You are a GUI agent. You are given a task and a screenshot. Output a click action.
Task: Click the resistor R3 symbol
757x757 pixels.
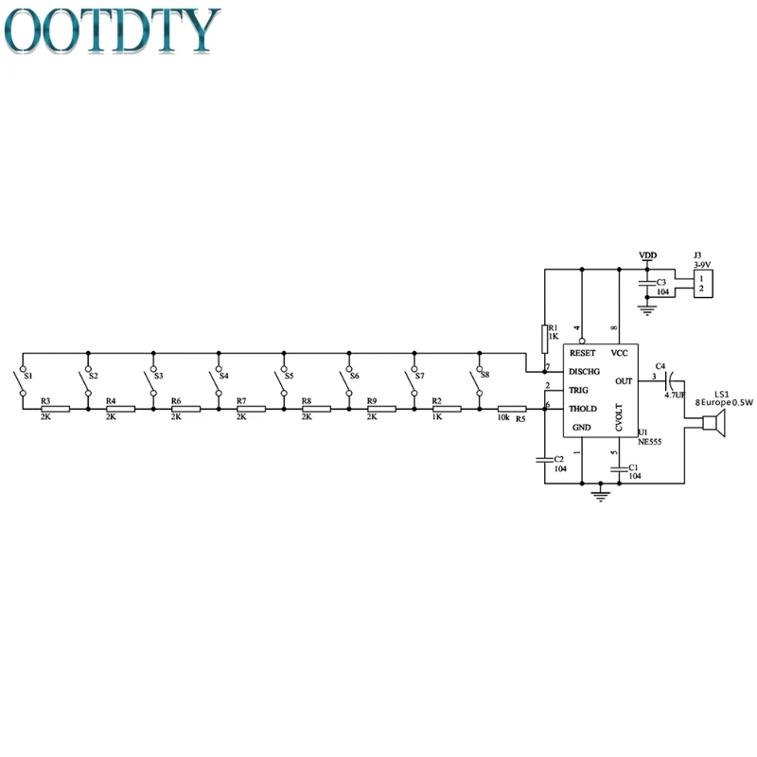pyautogui.click(x=55, y=409)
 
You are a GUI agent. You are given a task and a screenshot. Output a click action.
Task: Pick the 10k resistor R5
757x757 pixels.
pyautogui.click(x=512, y=409)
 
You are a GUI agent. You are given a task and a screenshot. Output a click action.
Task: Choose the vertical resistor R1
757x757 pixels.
pyautogui.click(x=545, y=339)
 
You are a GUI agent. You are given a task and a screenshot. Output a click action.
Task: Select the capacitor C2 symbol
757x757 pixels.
pyautogui.click(x=545, y=461)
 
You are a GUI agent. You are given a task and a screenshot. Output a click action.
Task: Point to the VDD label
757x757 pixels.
pyautogui.click(x=647, y=255)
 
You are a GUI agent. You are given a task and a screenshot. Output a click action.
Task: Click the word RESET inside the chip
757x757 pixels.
pyautogui.click(x=583, y=352)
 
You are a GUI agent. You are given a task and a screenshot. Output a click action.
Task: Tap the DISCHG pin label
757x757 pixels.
pyautogui.click(x=585, y=371)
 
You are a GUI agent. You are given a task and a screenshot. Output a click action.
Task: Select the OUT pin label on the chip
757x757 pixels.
pyautogui.click(x=624, y=380)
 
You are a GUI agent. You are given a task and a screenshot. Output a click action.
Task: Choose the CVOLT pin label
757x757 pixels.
pyautogui.click(x=618, y=416)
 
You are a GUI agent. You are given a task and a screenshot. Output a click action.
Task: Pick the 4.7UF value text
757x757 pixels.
pyautogui.click(x=676, y=396)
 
